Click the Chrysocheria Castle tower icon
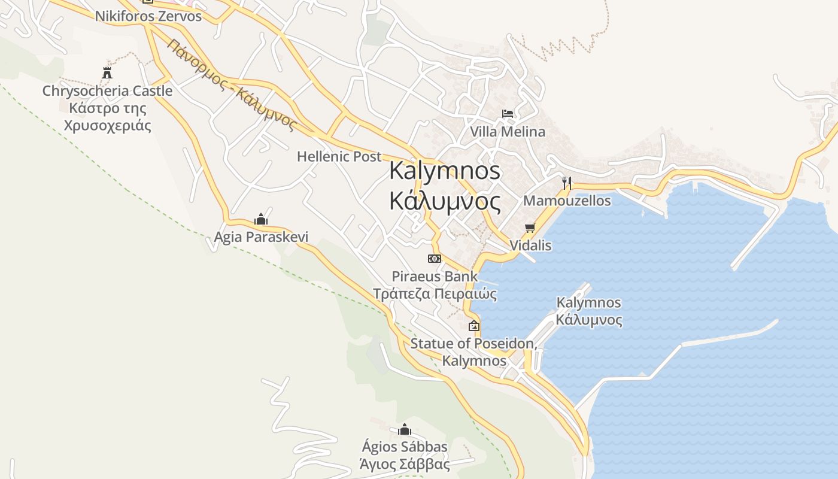pos(107,73)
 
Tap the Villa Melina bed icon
pos(508,113)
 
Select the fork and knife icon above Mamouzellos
pos(566,183)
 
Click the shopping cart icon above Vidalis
pos(529,228)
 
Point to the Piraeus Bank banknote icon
pos(435,259)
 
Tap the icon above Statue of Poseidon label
pos(474,326)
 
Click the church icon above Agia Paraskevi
pos(260,219)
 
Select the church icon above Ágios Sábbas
pos(405,429)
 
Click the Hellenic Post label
pos(339,157)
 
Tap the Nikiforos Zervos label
pos(148,16)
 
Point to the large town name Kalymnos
pos(445,171)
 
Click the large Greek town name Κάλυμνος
pos(445,201)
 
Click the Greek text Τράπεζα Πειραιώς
pos(435,294)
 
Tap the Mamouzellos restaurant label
pos(567,201)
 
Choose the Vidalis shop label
pos(530,245)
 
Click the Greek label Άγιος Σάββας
pos(405,464)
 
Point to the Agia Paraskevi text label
pos(261,237)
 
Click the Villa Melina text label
pos(508,132)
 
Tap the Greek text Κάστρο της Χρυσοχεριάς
pos(108,117)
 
